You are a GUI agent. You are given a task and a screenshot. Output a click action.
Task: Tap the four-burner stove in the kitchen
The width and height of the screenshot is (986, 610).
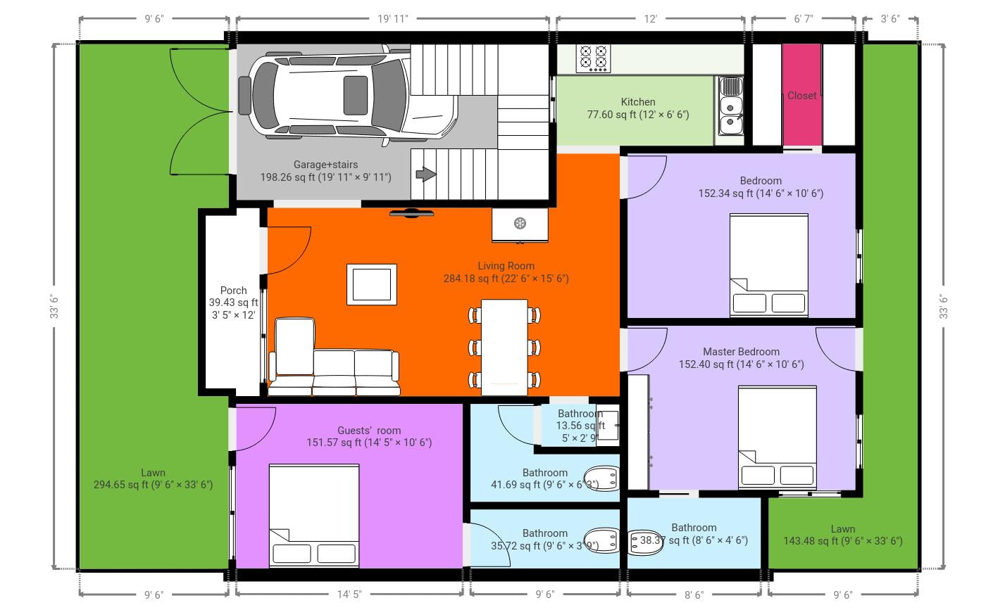[x=592, y=58]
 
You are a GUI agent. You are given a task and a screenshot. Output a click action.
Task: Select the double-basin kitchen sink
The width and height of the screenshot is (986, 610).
[x=730, y=106]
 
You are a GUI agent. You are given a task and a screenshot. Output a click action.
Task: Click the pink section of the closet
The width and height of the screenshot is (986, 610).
[x=801, y=95]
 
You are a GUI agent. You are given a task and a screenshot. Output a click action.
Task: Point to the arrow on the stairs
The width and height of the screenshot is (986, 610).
[x=425, y=174]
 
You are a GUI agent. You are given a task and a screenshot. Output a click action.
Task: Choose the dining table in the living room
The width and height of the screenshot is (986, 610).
[x=504, y=347]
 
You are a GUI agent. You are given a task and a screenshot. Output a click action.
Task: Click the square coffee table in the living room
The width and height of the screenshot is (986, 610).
[x=371, y=284]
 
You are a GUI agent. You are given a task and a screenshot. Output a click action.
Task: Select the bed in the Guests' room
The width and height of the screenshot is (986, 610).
[x=314, y=515]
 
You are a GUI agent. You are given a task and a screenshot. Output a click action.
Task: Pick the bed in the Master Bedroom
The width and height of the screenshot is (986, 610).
[x=777, y=436]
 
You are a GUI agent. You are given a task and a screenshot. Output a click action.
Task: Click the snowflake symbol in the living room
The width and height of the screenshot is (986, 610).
[x=520, y=224]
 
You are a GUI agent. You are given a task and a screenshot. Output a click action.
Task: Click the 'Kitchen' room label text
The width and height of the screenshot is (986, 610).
[x=638, y=102]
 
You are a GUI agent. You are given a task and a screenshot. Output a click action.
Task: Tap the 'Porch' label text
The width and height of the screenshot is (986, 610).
[x=233, y=290]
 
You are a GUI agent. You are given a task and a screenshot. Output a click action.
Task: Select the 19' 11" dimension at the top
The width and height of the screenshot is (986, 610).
[x=392, y=19]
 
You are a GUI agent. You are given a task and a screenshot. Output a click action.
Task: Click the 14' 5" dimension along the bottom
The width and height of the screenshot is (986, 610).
[x=349, y=595]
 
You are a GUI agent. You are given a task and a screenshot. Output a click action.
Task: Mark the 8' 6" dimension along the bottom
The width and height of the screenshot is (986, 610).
[x=694, y=595]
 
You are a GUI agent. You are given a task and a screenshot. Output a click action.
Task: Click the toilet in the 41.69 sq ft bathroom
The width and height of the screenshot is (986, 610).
[x=603, y=477]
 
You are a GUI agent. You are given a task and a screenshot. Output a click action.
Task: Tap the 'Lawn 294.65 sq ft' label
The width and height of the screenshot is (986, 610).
[x=153, y=478]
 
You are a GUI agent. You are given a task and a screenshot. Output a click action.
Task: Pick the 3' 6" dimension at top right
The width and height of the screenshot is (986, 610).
[x=890, y=19]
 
